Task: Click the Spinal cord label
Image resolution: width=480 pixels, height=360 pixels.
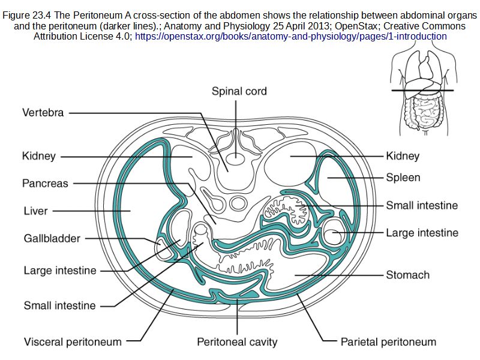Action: click(239, 91)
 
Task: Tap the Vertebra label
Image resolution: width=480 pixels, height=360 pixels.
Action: click(43, 112)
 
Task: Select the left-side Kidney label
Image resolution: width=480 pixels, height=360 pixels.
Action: click(39, 156)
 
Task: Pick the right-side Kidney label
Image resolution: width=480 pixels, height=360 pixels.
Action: click(403, 156)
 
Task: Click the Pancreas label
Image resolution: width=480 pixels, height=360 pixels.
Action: click(45, 183)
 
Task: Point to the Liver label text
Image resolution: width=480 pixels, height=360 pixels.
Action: click(35, 211)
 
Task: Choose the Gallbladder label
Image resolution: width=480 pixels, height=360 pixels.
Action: click(52, 238)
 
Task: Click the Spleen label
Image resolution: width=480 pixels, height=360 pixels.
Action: click(403, 178)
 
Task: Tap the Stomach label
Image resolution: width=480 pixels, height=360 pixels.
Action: click(407, 275)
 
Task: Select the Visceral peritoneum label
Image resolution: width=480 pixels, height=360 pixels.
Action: click(73, 342)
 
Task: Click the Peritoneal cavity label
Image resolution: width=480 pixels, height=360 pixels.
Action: click(237, 342)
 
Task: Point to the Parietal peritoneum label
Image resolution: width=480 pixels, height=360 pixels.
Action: click(388, 342)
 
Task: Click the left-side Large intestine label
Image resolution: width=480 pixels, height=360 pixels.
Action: click(60, 271)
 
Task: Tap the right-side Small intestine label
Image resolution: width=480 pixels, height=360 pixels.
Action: click(422, 205)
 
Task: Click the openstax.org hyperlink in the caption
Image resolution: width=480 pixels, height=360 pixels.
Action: click(291, 36)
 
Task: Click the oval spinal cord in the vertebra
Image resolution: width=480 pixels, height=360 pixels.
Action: click(236, 158)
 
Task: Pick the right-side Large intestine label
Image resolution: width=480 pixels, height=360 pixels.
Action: click(422, 233)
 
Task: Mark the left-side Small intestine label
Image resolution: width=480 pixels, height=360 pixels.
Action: click(59, 305)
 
